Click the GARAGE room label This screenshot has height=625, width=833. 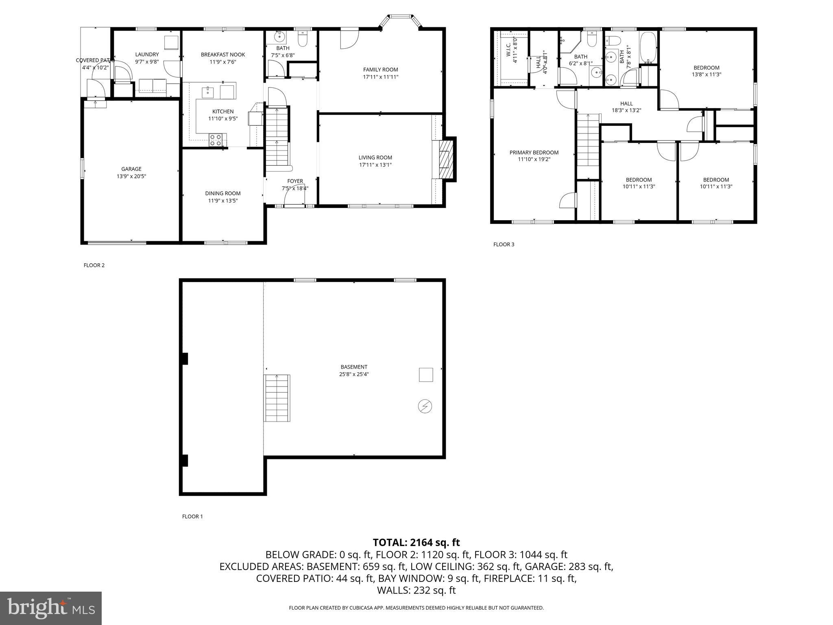pyautogui.click(x=131, y=169)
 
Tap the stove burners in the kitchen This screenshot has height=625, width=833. pyautogui.click(x=215, y=140)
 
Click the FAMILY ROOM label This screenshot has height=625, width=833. pyautogui.click(x=380, y=70)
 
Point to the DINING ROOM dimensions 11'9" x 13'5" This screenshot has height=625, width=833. pyautogui.click(x=223, y=201)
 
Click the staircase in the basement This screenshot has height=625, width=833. pyautogui.click(x=277, y=398)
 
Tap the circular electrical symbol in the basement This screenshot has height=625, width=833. pyautogui.click(x=425, y=406)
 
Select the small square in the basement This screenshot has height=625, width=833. pyautogui.click(x=426, y=374)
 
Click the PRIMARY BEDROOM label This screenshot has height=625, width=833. pyautogui.click(x=534, y=153)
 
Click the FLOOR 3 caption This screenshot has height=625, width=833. pyautogui.click(x=504, y=245)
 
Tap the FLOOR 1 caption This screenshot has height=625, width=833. pyautogui.click(x=192, y=516)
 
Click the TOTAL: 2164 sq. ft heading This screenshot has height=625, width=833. pyautogui.click(x=416, y=542)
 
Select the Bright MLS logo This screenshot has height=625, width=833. pyautogui.click(x=51, y=608)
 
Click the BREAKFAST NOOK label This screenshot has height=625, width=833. pyautogui.click(x=223, y=55)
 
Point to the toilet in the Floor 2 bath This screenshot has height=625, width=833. pyautogui.click(x=303, y=39)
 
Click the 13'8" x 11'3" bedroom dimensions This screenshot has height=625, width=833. pyautogui.click(x=706, y=74)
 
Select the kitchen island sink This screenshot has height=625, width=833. pyautogui.click(x=208, y=92)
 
